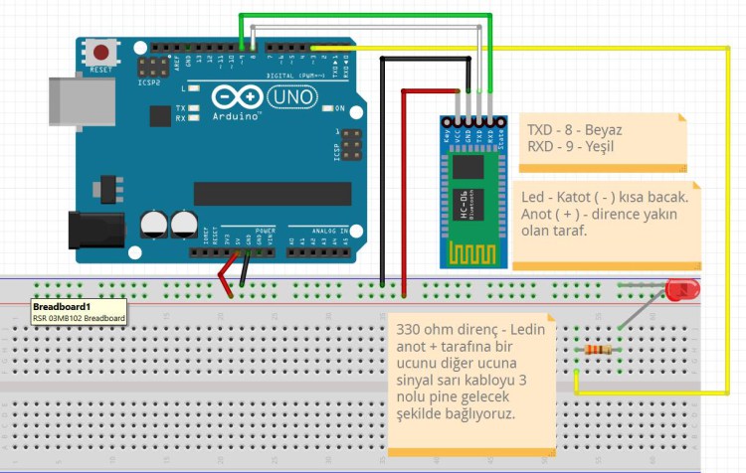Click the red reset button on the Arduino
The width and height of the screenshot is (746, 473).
pyautogui.click(x=100, y=52)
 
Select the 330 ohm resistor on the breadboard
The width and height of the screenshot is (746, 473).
pyautogui.click(x=598, y=349)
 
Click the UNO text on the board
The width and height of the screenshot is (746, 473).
pyautogui.click(x=292, y=98)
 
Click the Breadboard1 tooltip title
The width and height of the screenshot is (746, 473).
pyautogui.click(x=62, y=307)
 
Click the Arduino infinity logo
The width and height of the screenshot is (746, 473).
pyautogui.click(x=236, y=97)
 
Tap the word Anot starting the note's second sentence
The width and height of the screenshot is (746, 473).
pyautogui.click(x=538, y=214)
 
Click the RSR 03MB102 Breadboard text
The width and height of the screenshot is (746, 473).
pyautogui.click(x=79, y=318)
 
